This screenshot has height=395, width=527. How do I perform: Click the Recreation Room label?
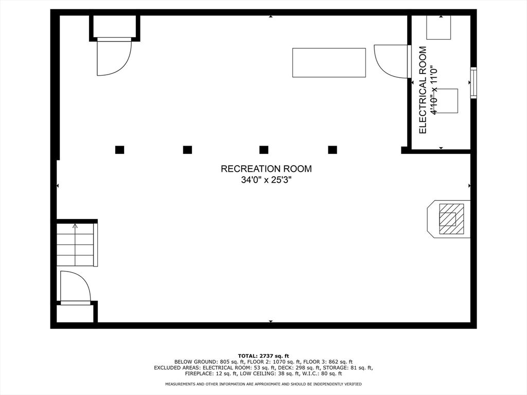(266, 169)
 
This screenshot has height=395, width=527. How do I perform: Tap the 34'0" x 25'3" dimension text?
(266, 180)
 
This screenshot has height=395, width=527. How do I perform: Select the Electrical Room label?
(423, 90)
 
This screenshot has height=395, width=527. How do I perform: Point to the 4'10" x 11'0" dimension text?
(434, 90)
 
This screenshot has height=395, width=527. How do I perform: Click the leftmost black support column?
(119, 150)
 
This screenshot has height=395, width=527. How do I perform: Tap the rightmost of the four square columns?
(332, 150)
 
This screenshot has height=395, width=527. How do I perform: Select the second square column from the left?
(187, 150)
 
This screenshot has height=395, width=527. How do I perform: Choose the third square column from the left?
(264, 150)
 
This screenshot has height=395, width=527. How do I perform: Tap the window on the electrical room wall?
(473, 83)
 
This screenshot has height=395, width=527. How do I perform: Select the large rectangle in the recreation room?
(329, 63)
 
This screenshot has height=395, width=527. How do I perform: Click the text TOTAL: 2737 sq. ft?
(263, 356)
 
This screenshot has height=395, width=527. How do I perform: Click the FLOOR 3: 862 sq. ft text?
(328, 362)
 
